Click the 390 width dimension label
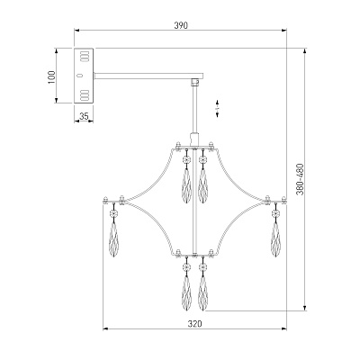181,25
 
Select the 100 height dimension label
51,77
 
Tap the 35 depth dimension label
85,116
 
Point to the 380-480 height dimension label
300,179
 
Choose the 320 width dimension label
195,324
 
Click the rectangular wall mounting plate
84,76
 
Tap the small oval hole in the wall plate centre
79,76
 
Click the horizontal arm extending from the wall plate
148,76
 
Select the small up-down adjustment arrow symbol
217,108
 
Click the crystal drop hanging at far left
113,239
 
